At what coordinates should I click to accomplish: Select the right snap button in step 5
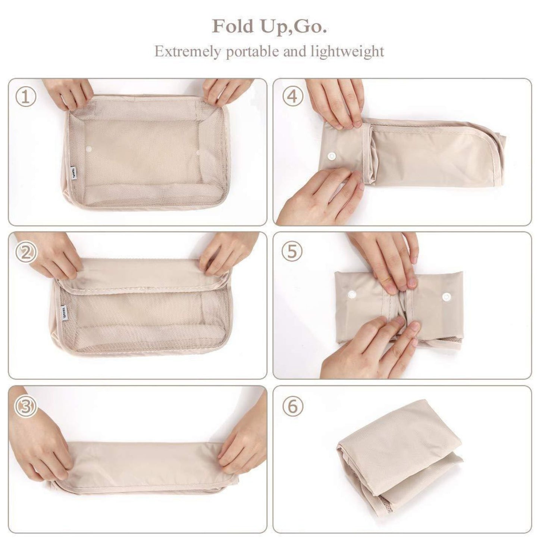point(446,296)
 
